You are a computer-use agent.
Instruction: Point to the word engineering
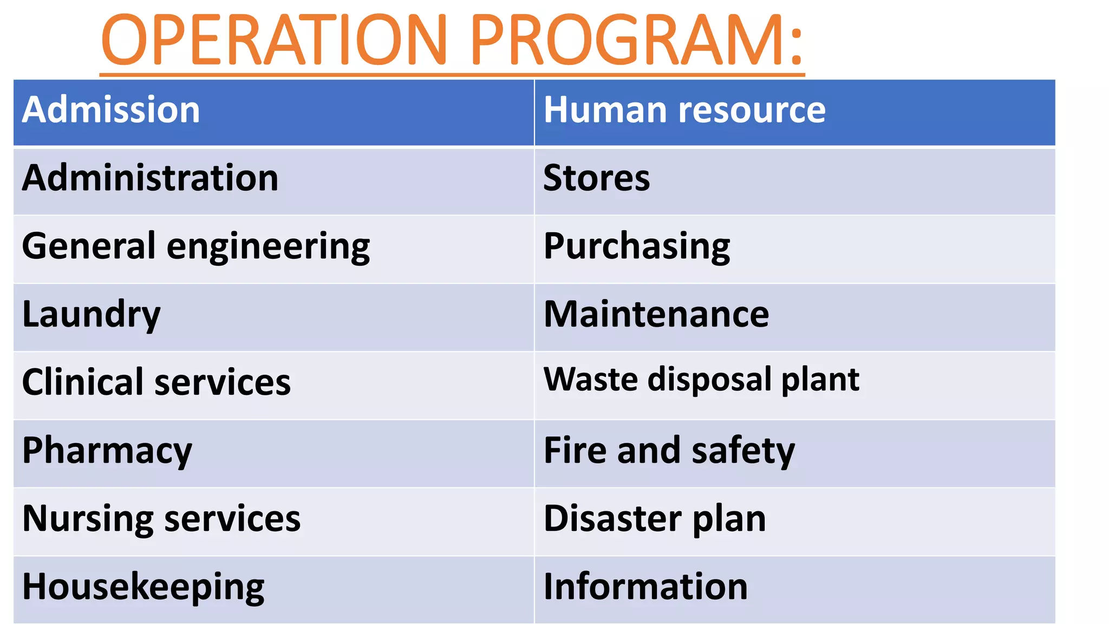(x=268, y=247)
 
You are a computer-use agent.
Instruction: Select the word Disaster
(x=612, y=519)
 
